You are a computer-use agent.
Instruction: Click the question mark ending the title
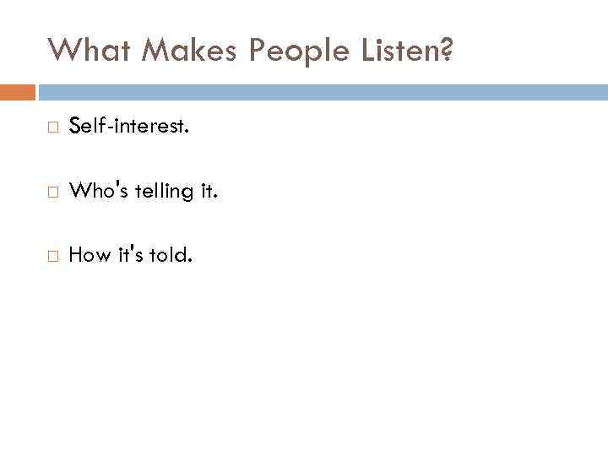[446, 52]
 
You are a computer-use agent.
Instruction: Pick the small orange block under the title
[18, 92]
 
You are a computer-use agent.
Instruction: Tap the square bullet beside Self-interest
[52, 128]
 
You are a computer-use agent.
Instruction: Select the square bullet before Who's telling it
[52, 193]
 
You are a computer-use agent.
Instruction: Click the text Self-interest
[128, 128]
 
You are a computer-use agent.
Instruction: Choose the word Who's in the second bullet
[95, 192]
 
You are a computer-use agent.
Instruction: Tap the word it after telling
[206, 192]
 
